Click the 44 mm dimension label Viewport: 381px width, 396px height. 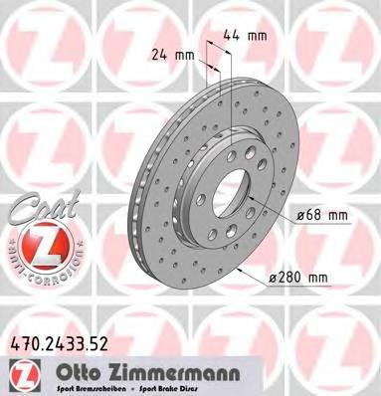[x=245, y=36]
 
